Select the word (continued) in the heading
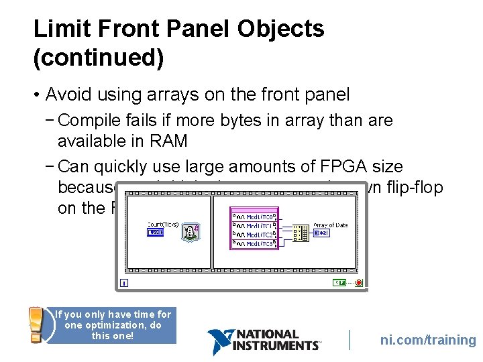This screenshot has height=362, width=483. tap(99, 58)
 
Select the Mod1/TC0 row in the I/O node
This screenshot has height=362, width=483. tap(255, 217)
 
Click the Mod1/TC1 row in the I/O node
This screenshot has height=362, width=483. tap(255, 226)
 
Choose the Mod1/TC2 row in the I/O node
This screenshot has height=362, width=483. tap(255, 235)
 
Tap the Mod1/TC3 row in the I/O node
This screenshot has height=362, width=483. tap(255, 243)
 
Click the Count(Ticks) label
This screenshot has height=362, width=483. tap(163, 224)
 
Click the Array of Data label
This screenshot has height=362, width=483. tap(331, 225)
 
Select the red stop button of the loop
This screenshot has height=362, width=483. tap(360, 282)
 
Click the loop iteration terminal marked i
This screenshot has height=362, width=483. tap(124, 282)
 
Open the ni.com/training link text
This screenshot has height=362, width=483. tap(428, 340)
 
